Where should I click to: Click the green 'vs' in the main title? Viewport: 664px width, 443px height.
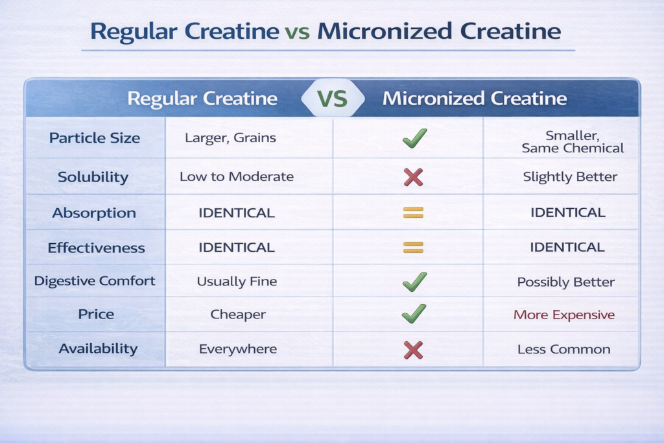297,32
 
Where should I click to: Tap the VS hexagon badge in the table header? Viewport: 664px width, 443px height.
333,98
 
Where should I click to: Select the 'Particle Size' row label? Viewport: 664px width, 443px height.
95,138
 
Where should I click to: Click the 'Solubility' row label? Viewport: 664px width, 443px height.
93,177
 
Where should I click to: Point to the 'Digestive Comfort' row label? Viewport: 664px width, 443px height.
95,281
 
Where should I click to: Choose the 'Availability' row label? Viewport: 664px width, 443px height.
98,348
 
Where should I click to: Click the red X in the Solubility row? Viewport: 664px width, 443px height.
413,177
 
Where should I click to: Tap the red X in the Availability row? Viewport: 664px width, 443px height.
413,350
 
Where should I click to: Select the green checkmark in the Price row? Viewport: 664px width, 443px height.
414,314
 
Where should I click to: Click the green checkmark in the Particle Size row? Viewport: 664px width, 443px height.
414,138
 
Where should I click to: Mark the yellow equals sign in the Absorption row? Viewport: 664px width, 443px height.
413,212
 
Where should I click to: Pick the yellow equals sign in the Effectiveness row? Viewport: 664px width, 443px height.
413,247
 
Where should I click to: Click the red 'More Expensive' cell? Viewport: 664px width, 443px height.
564,315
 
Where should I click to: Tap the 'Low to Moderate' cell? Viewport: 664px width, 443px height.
236,176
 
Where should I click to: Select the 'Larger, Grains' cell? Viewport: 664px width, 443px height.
230,138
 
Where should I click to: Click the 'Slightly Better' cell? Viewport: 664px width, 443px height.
570,176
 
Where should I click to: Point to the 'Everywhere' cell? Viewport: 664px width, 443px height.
238,349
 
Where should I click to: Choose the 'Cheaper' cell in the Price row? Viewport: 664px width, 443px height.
238,315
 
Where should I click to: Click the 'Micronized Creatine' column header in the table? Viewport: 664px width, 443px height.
474,98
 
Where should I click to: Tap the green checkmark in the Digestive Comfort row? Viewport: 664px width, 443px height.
414,281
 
